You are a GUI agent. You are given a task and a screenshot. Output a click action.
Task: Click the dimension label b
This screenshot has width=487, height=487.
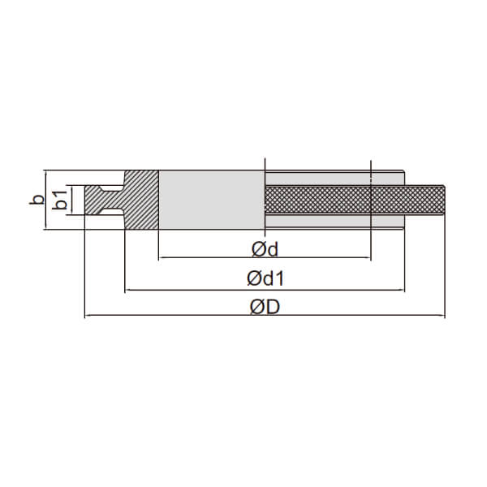point(37,199)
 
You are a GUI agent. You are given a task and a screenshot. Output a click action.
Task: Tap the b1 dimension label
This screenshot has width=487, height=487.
point(59,200)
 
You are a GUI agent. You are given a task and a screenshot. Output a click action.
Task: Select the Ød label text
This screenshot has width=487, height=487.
point(265,249)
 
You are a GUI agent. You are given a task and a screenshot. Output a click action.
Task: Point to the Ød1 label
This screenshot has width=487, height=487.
point(265,278)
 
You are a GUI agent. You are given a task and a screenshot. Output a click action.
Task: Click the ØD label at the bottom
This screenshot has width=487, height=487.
point(265,307)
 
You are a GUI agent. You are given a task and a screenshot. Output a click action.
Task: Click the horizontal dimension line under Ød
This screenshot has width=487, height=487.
point(265,257)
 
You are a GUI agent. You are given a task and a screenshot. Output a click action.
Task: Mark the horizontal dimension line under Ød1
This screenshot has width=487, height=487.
point(265,290)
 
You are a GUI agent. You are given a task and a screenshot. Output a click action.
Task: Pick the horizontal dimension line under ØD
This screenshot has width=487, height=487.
point(265,315)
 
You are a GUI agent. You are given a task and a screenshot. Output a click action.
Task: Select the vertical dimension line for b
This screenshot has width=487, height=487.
point(45,200)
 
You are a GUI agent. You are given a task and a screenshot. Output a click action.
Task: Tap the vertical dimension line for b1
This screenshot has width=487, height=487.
point(71,200)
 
